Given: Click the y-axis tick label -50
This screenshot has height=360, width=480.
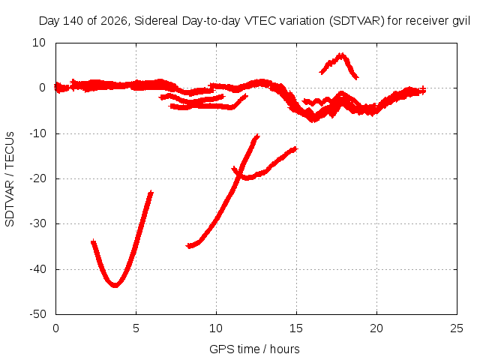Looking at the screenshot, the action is [37, 314].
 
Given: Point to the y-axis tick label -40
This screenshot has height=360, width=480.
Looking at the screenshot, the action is [37, 269].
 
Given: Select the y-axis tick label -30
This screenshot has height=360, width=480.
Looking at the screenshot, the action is [37, 223].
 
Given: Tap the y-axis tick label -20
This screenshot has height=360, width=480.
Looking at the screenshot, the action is [37, 178].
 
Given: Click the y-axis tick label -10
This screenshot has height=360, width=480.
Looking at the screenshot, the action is [37, 133].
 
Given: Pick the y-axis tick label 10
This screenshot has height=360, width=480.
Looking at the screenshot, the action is [39, 43].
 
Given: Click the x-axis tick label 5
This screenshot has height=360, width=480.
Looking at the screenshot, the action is [136, 328].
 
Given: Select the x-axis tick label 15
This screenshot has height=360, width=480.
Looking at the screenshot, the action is [296, 328].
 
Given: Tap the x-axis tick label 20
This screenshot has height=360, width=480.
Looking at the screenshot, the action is [376, 328].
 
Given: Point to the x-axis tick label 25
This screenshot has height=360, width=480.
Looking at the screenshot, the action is [457, 328].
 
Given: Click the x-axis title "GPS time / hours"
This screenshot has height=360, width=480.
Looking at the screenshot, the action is [254, 349].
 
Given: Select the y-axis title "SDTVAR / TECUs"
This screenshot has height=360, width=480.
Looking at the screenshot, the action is [10, 179].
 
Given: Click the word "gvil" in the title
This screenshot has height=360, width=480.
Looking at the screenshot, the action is [461, 21].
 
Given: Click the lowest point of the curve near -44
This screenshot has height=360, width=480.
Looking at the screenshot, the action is [115, 285].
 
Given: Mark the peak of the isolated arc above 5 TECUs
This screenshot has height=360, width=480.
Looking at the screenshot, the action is [340, 55].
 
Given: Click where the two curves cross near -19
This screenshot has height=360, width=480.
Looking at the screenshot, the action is [241, 174].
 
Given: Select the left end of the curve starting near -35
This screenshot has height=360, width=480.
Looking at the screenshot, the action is [189, 245].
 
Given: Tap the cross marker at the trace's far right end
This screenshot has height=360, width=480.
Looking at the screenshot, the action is [422, 90].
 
